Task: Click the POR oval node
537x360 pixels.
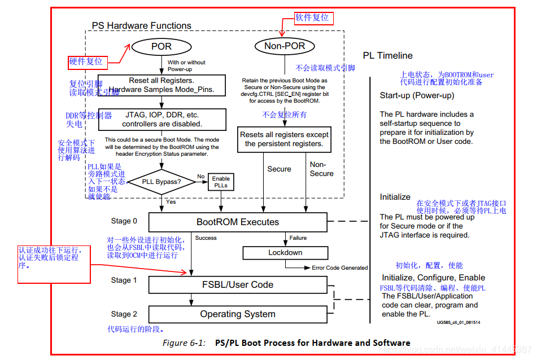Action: [x=161, y=46]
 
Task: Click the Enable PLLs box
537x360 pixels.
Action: [x=221, y=182]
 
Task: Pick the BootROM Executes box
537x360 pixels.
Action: [x=238, y=222]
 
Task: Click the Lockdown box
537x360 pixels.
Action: [x=285, y=253]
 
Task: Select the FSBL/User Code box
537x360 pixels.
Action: [x=238, y=284]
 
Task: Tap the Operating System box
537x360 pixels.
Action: [x=238, y=314]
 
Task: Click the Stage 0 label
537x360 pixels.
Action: [x=124, y=221]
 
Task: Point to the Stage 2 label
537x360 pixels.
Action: [x=124, y=314]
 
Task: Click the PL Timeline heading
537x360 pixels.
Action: [x=387, y=56]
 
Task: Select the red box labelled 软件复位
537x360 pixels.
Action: [x=312, y=17]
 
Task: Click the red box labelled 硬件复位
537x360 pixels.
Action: [x=86, y=61]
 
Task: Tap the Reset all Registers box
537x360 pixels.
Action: [x=161, y=85]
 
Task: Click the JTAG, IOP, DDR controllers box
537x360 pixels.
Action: [x=161, y=119]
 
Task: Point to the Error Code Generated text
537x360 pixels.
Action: [x=339, y=267]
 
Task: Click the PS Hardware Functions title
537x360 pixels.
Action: [x=141, y=26]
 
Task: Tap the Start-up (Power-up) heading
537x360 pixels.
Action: [x=417, y=95]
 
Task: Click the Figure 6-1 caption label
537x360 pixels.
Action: [x=182, y=343]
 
